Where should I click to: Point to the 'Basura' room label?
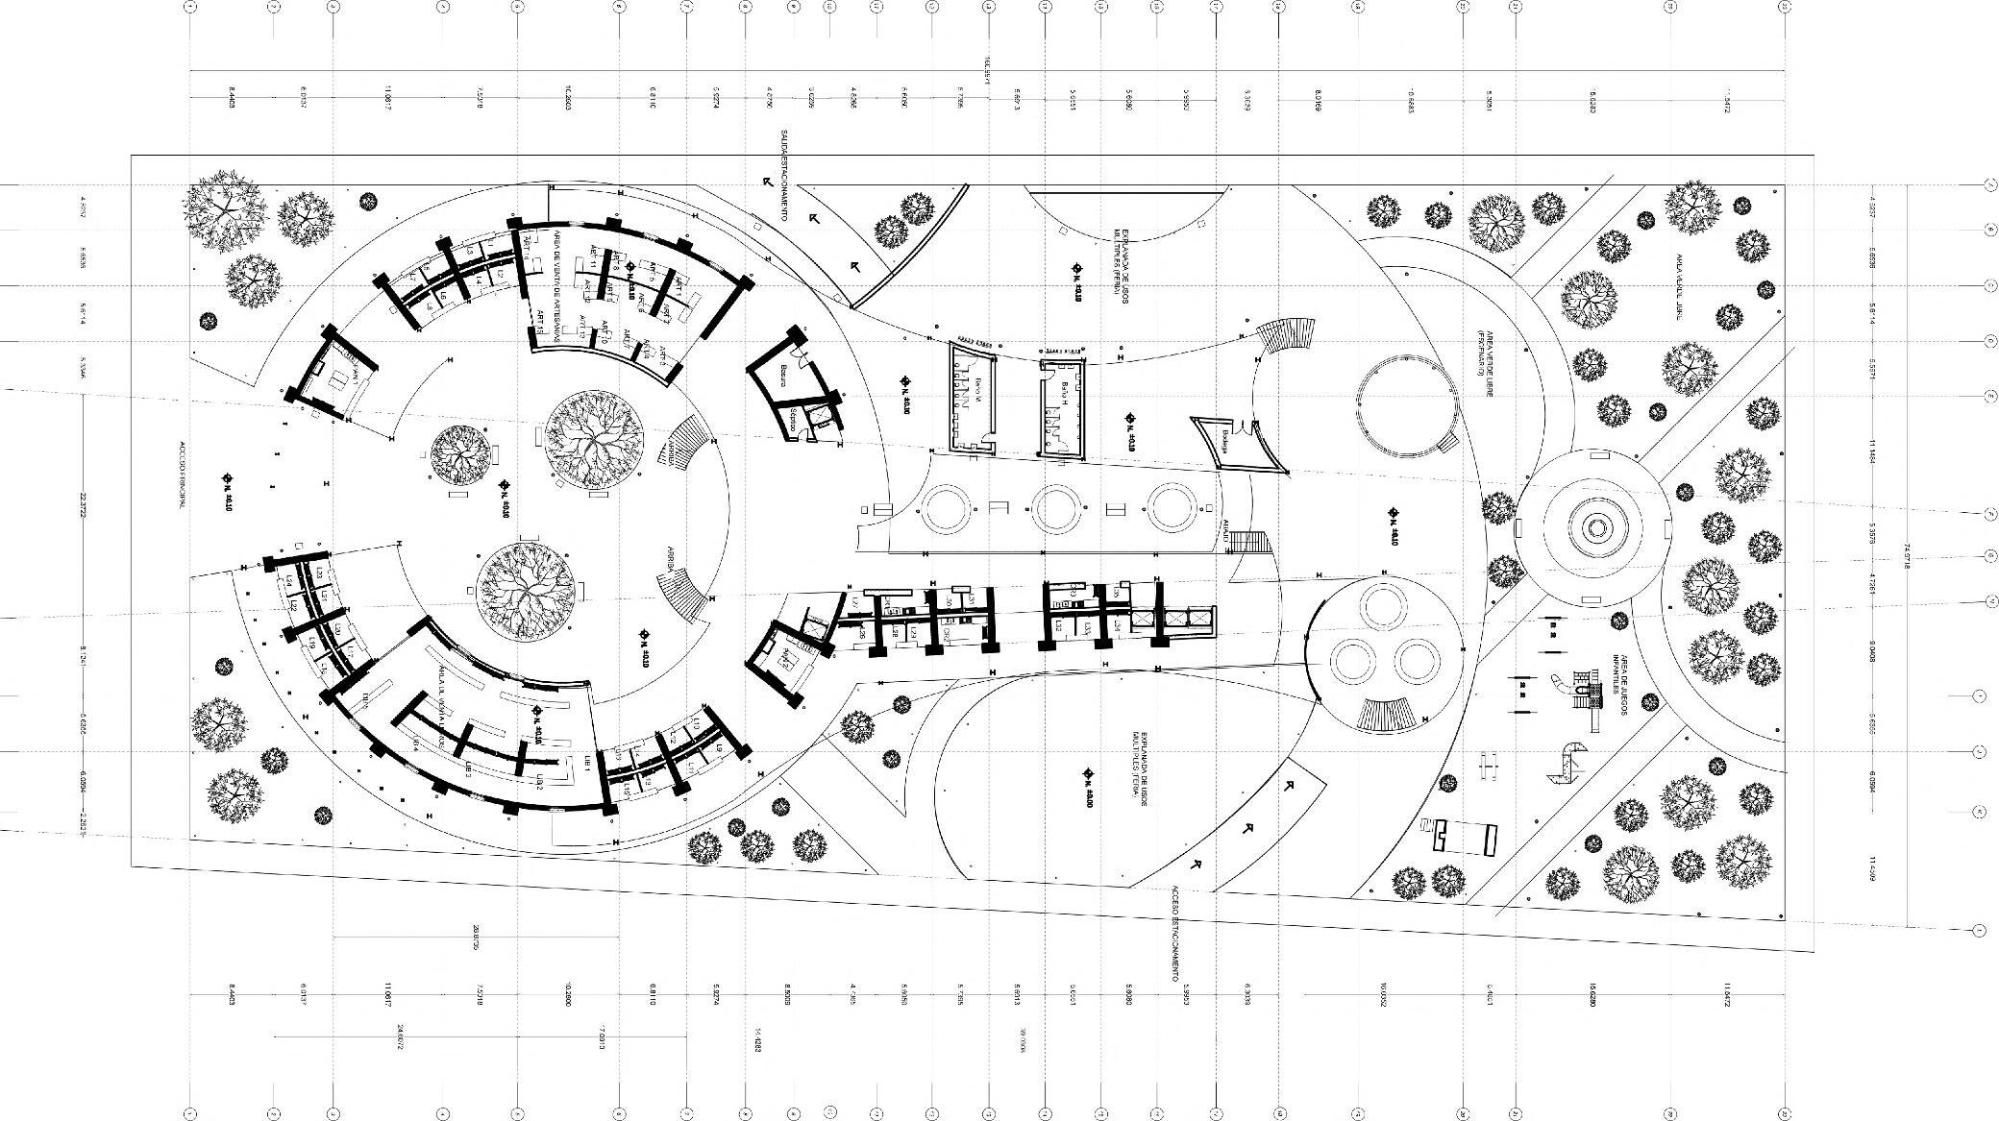784,376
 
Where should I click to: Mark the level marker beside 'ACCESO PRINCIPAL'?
227,476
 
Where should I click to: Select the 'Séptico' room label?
792,420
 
